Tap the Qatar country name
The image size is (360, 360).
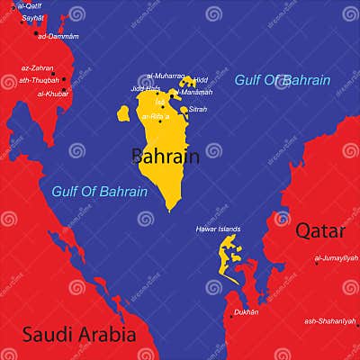click(321, 229)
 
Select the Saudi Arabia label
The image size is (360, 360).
click(79, 334)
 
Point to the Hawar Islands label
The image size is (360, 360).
click(218, 229)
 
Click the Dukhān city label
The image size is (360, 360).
click(246, 312)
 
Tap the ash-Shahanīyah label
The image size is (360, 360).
click(330, 320)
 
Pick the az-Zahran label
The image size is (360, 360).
click(37, 67)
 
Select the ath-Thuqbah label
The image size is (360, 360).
click(39, 79)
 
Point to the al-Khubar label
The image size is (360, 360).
click(53, 93)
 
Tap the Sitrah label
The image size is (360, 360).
click(198, 109)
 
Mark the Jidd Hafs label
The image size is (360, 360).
click(145, 89)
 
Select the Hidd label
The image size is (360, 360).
click(201, 79)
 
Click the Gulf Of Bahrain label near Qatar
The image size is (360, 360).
click(283, 80)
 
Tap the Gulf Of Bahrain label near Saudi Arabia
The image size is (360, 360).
click(100, 191)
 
